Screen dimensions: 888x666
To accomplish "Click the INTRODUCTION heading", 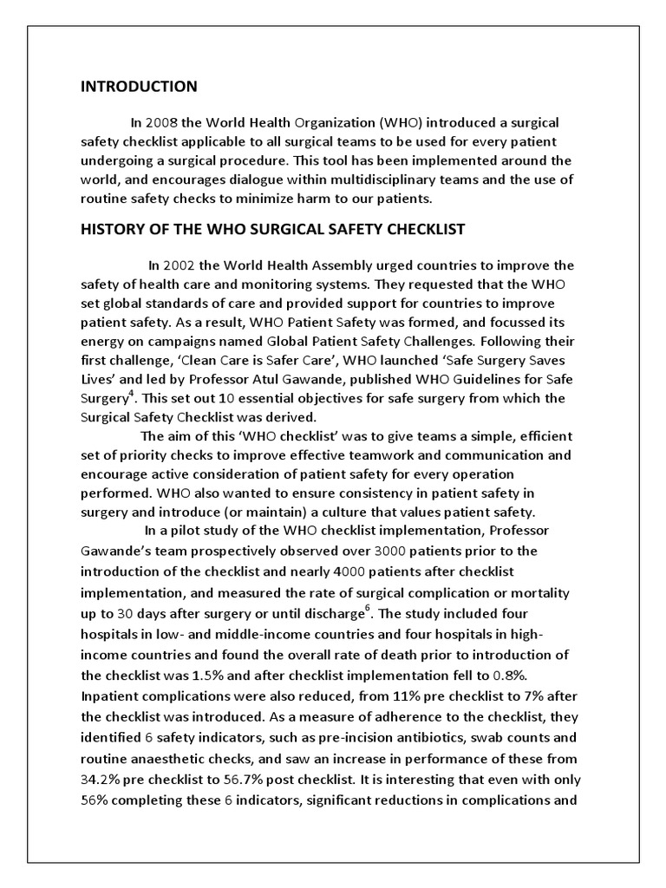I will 139,87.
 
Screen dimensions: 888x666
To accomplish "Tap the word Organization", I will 307,122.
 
